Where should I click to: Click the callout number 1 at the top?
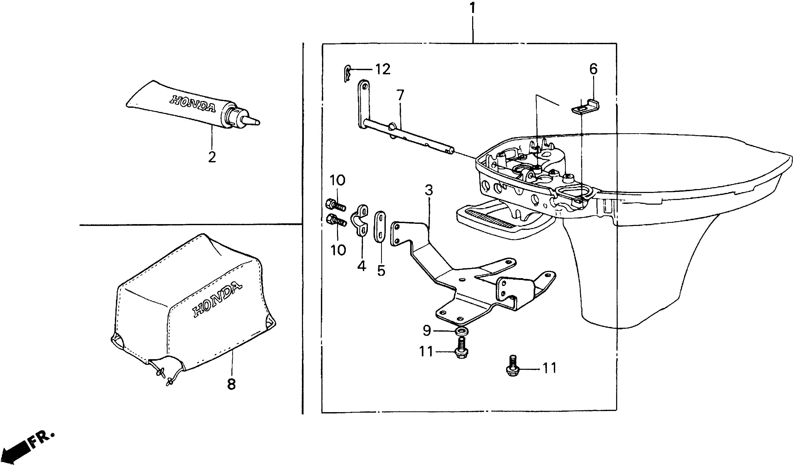[x=472, y=8]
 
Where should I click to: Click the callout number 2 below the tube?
[x=212, y=157]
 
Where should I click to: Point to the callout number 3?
[x=429, y=190]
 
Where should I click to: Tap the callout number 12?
[x=383, y=69]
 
